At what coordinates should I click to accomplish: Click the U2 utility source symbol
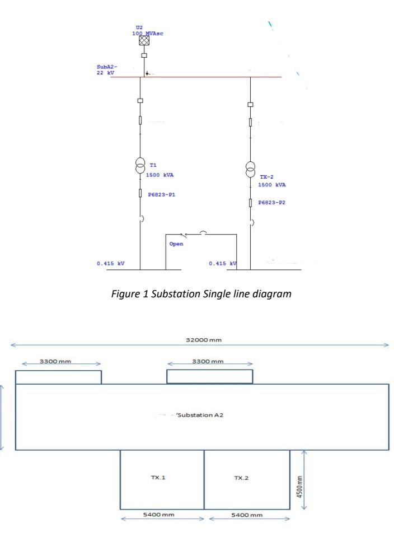(144, 40)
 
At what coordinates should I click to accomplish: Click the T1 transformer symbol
(140, 166)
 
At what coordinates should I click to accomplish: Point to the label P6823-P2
(273, 203)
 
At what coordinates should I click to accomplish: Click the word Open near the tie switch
(176, 244)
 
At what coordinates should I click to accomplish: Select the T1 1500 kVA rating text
(160, 174)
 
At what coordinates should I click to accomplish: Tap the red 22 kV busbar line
(196, 77)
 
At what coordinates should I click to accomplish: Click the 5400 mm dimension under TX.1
(162, 515)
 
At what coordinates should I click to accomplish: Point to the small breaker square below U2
(144, 56)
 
